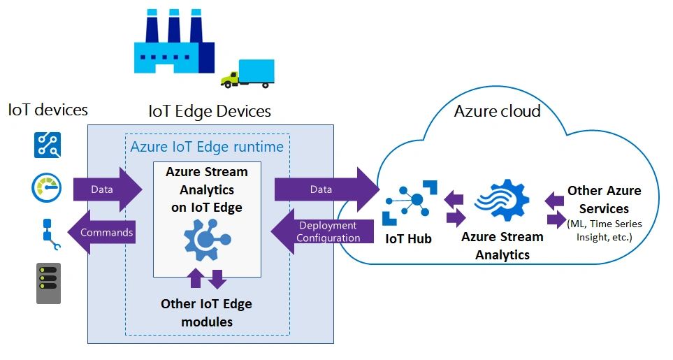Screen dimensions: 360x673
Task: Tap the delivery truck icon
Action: coord(247,73)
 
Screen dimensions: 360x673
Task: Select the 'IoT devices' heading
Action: coord(48,110)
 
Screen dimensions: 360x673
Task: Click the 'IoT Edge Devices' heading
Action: coord(210,111)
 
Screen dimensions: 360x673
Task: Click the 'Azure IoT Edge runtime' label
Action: coord(207,147)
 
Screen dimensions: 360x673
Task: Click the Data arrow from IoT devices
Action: coord(106,189)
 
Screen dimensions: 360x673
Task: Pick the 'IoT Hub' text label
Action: coord(409,239)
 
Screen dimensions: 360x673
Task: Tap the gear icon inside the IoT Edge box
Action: coord(206,238)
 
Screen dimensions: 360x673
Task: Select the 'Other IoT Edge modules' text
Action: coord(206,312)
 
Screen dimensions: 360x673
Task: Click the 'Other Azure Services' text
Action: coord(604,199)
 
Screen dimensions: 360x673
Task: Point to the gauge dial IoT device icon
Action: coord(48,187)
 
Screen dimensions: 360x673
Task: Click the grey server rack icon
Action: coord(48,283)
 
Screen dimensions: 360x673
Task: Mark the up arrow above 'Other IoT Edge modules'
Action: coord(196,279)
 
